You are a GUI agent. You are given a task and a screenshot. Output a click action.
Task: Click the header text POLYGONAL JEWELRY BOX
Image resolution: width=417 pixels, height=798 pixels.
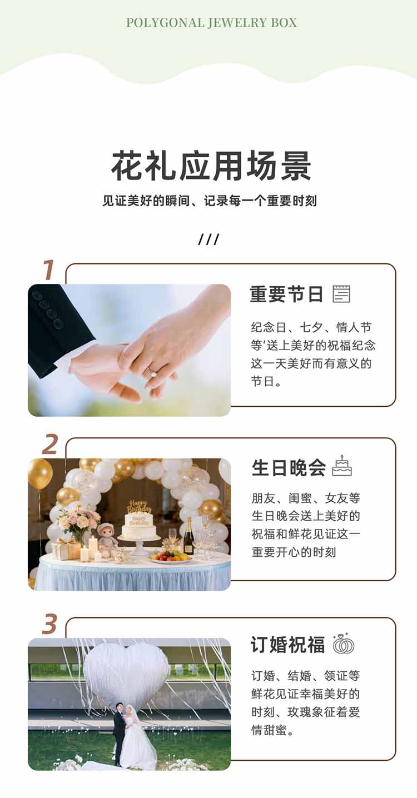[x=211, y=23]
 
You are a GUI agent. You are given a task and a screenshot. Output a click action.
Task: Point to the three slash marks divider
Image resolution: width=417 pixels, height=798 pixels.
[x=209, y=239]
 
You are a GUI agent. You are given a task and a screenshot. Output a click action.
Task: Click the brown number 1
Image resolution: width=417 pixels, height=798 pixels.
[x=48, y=270]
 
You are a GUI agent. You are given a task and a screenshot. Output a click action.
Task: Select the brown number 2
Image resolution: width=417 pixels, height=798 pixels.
[x=50, y=444]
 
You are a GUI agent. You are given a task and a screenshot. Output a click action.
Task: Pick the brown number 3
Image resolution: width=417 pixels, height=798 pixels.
[x=49, y=624]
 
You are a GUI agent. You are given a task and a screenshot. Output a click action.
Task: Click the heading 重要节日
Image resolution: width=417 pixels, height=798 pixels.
[x=286, y=295]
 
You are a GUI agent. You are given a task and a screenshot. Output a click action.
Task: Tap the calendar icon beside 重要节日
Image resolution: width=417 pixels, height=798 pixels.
[x=341, y=294]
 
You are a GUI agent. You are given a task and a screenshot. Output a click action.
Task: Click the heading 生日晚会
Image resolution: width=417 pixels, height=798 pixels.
[x=289, y=467]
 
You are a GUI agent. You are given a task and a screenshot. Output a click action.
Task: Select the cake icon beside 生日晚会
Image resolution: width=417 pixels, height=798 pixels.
[x=342, y=466]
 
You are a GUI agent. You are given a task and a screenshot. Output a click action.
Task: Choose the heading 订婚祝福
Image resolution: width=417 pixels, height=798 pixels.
[x=287, y=645]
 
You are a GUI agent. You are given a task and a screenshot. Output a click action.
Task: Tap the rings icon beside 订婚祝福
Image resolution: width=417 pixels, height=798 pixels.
[x=344, y=644]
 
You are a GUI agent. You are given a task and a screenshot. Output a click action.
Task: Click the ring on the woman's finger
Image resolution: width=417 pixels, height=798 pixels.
[x=152, y=373]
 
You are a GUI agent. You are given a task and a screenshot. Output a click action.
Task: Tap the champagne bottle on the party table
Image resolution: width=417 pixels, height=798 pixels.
[x=188, y=536]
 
